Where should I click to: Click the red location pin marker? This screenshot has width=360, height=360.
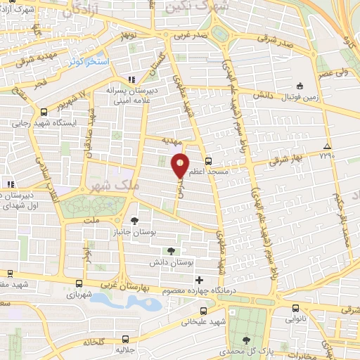(x=181, y=165)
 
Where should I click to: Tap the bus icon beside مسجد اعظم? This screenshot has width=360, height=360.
(x=208, y=160)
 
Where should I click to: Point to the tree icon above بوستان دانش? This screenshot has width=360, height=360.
(x=171, y=250)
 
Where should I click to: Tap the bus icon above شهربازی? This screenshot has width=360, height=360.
(x=78, y=285)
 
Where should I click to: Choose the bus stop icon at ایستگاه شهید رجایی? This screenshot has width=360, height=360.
(x=44, y=111)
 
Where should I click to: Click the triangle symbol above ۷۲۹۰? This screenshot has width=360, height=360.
(x=326, y=146)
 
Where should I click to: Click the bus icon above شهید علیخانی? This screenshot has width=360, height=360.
(x=203, y=310)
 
